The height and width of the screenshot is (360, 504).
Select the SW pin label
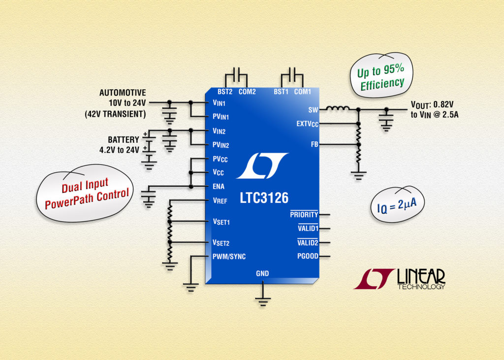313,110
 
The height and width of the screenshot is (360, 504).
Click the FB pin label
314,145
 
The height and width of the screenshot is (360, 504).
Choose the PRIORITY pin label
304,215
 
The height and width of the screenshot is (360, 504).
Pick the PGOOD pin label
308,256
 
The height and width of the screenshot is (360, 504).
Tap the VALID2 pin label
308,242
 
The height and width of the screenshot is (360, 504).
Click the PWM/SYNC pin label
229,257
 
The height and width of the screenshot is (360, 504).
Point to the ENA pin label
218,187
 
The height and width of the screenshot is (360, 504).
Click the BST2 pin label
225,92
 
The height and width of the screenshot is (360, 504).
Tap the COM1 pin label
303,92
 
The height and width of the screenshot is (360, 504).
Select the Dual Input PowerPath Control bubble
87,192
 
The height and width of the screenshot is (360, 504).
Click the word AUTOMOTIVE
123,93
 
